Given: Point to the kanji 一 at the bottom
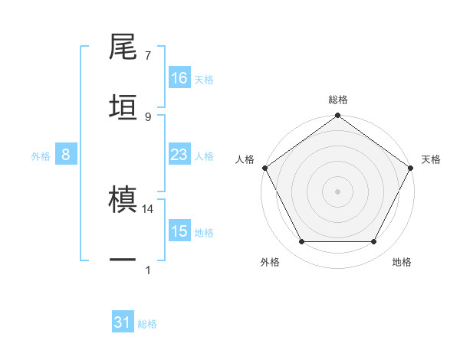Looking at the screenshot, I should (123, 259).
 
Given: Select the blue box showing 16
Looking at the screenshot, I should (179, 78).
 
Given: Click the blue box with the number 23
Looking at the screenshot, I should (179, 155).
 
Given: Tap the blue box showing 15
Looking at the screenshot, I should (179, 231).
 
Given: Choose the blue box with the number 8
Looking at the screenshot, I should (66, 155).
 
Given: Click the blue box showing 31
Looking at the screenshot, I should (123, 323).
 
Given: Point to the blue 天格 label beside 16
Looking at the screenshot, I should (204, 79).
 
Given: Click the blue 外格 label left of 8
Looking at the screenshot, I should (41, 155).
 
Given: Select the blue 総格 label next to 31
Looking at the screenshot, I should (147, 324).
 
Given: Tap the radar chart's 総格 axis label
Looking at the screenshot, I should (337, 100).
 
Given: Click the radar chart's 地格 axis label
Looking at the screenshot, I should (402, 263).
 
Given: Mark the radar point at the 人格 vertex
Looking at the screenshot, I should (264, 168).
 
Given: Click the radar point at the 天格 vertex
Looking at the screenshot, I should (411, 168).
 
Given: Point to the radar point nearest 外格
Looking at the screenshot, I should (301, 242).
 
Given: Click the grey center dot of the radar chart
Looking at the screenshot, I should (337, 191).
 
